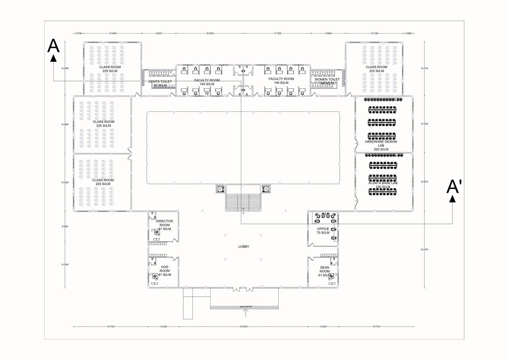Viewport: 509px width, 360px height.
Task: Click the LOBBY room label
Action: pos(244,246)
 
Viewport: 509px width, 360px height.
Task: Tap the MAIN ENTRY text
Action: pos(246,307)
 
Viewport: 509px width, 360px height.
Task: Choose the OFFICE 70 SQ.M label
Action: pos(323,231)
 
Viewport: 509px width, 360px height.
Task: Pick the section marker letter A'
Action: pos(454,187)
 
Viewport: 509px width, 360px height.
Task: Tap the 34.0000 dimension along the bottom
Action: pos(243,326)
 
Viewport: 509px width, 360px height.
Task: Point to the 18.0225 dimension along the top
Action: pos(210,34)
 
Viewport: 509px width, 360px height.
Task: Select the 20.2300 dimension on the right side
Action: pos(424,250)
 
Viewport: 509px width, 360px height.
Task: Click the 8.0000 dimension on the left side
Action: pos(65,226)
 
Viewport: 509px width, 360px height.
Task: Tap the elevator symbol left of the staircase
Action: pos(220,189)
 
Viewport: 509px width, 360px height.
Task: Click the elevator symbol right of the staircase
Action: pos(266,189)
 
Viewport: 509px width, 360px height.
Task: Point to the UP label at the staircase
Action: pos(243,213)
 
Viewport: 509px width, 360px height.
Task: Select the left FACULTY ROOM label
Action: pos(207,82)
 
